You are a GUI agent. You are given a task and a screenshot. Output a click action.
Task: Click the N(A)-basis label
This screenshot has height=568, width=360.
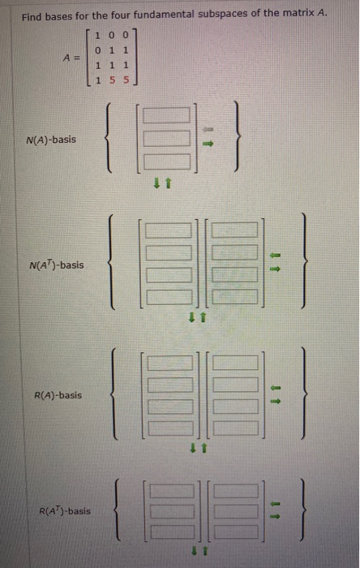tap(50, 140)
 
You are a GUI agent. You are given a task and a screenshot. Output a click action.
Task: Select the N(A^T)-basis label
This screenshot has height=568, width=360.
tap(54, 265)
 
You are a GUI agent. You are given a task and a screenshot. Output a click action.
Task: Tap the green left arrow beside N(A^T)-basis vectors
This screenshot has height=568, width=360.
tap(274, 254)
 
